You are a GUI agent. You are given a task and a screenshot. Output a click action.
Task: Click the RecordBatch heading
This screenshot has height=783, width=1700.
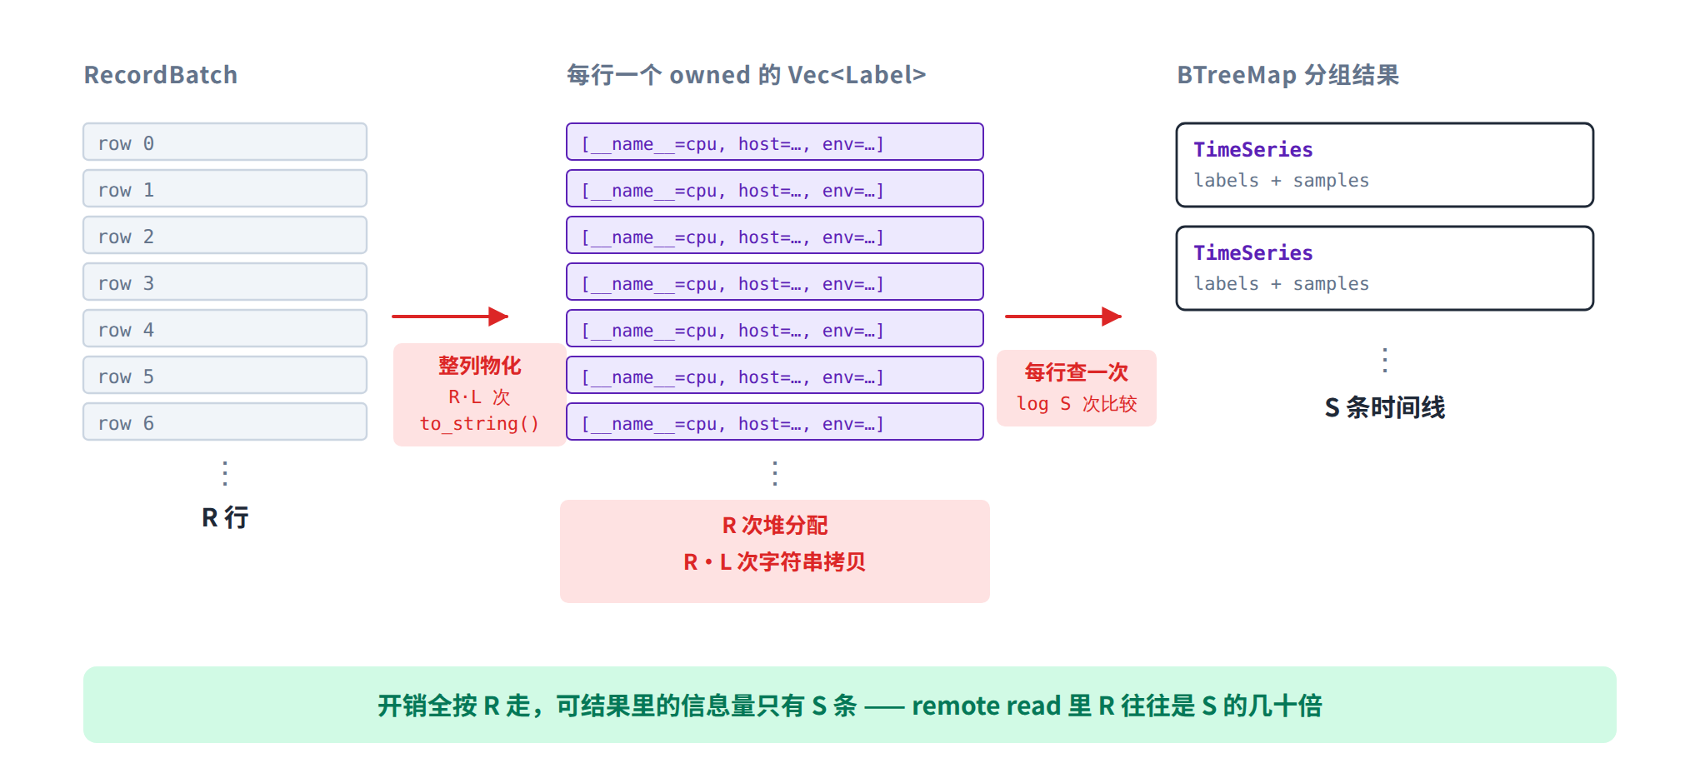pos(161,75)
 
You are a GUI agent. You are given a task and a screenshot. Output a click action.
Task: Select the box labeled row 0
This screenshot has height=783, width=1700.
pos(225,142)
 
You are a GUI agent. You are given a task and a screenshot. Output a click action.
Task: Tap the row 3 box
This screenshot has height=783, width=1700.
pos(225,282)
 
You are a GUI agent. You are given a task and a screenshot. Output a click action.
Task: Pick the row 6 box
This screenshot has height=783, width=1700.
pos(225,421)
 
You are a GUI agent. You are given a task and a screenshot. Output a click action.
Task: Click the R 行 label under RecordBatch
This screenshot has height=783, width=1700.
pos(225,517)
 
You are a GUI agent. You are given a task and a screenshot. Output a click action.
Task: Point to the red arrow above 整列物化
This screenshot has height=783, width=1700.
pos(450,317)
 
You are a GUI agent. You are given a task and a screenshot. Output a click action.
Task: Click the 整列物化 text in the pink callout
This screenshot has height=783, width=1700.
pos(480,366)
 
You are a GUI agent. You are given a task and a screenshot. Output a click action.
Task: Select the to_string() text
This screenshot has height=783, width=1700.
pos(479,424)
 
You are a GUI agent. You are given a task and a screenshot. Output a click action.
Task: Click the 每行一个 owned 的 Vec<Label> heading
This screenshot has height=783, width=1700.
pos(747,75)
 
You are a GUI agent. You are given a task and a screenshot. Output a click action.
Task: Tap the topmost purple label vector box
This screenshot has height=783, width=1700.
pos(775,142)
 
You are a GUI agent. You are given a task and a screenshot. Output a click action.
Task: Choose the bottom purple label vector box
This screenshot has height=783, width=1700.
pos(775,421)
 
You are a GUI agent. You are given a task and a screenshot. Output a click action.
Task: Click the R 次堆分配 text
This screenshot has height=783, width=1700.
pos(775,526)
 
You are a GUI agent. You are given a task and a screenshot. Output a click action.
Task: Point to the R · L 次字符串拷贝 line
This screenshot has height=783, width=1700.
pos(775,562)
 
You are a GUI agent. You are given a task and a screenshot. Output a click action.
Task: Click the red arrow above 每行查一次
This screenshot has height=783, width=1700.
pos(1063,317)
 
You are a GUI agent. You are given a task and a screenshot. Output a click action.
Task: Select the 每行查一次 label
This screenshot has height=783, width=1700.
pos(1077,372)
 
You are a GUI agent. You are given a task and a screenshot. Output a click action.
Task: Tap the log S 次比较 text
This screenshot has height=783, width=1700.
pos(1077,404)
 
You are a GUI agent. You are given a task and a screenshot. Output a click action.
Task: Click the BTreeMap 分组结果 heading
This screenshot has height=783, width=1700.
pos(1288,75)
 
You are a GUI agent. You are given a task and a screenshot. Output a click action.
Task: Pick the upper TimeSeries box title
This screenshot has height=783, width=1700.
pos(1253,150)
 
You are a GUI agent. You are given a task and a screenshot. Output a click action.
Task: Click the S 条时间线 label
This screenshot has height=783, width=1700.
pos(1385,407)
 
